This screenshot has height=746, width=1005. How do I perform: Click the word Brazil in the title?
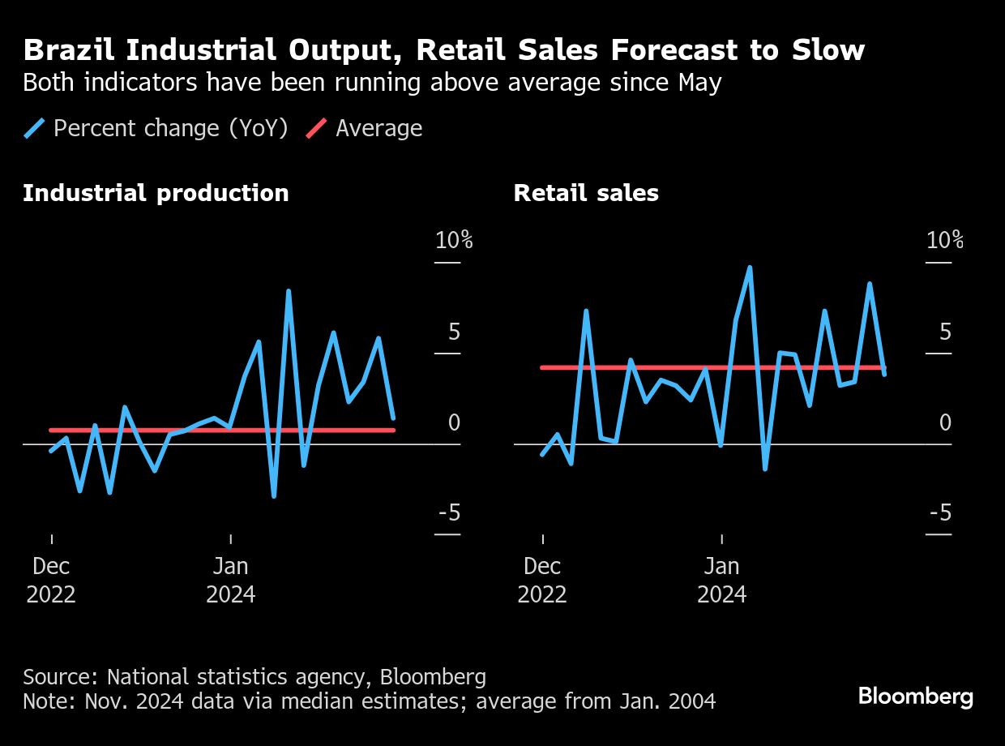coord(69,50)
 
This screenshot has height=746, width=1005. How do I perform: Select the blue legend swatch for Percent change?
coord(35,128)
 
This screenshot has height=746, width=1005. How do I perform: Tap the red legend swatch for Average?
coord(317,128)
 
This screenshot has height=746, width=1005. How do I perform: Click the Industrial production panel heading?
coord(156,193)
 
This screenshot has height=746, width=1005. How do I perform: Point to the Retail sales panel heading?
coord(586,193)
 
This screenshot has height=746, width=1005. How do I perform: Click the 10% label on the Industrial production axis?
coord(454,240)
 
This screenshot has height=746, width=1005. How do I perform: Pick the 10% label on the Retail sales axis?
coord(945,240)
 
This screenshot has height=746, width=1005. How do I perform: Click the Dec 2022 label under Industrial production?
coord(51,580)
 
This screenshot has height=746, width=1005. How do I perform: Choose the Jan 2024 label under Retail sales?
coord(721,580)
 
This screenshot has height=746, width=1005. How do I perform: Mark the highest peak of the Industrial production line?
coord(289,291)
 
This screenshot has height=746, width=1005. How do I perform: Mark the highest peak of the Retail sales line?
coord(750,268)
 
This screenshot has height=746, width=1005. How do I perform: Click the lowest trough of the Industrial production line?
coord(274,495)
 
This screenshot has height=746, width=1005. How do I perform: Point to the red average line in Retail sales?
coord(648,368)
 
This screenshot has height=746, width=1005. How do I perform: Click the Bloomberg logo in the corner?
coord(915,697)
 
